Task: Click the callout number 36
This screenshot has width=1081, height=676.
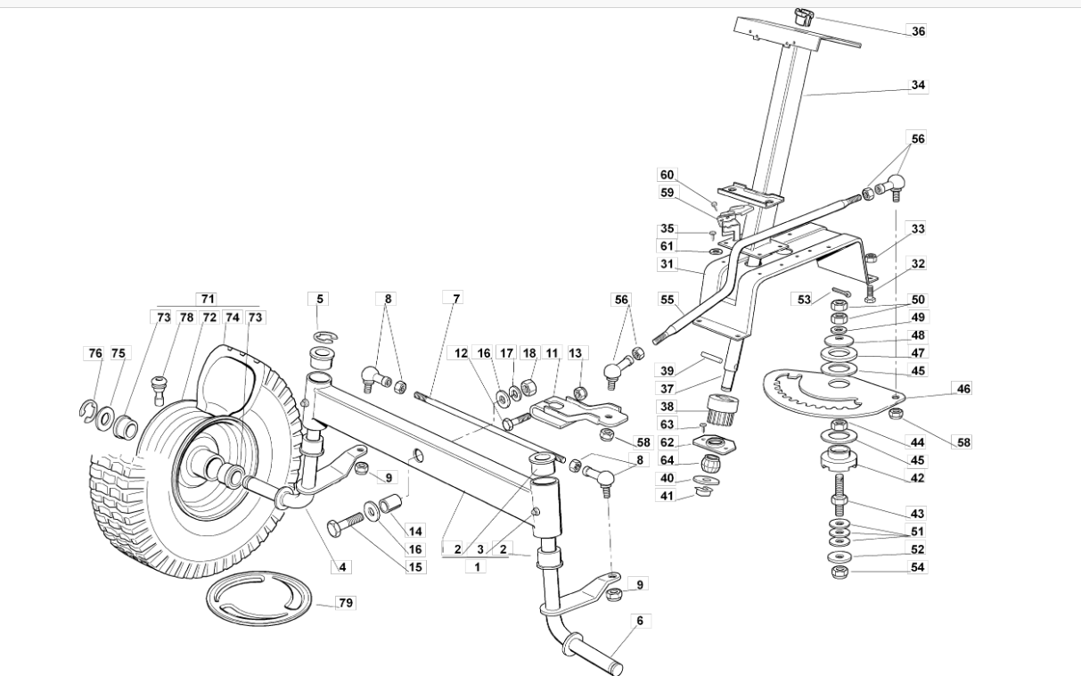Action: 918,31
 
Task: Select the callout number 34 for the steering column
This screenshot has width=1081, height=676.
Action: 918,85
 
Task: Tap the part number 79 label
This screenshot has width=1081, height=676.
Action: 346,603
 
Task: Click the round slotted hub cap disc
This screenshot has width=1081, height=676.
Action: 258,599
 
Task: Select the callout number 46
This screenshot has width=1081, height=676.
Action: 963,388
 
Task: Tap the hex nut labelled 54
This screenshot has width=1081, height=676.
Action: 839,573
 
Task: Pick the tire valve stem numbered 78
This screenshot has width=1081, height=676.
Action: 159,390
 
